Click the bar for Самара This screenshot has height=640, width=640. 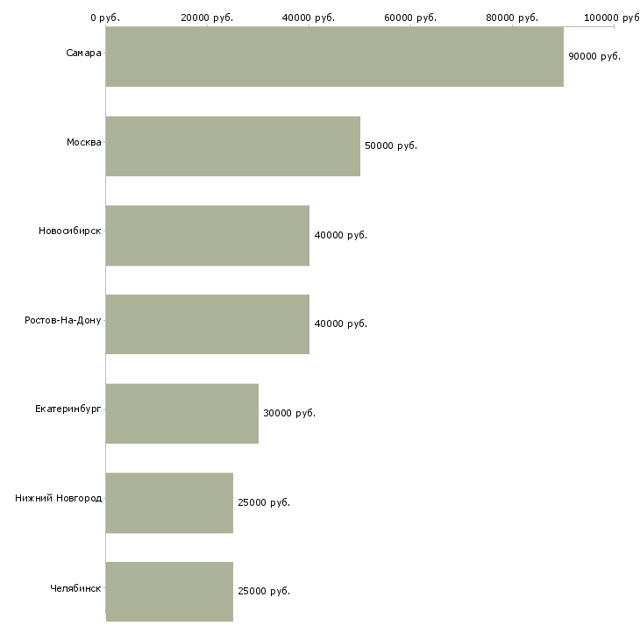335,57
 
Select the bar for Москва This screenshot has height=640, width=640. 233,146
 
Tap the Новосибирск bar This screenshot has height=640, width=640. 208,236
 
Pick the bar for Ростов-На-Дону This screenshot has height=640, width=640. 208,324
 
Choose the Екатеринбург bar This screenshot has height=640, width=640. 182,414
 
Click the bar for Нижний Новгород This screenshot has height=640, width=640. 169,503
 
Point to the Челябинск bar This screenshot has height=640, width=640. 169,592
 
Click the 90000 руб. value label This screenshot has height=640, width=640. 594,56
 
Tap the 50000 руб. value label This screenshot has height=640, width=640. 391,146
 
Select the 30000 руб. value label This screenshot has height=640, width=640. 289,413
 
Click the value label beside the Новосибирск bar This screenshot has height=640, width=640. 340,235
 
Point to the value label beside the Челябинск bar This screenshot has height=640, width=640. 264,591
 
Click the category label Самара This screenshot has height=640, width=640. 83,53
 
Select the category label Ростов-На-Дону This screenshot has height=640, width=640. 63,320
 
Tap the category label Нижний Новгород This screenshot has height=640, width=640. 59,498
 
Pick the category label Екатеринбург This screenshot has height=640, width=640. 68,409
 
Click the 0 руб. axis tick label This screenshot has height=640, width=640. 105,18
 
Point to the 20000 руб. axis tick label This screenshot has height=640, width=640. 207,18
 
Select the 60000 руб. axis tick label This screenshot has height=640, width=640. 410,18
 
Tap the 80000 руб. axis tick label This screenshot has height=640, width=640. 512,18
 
